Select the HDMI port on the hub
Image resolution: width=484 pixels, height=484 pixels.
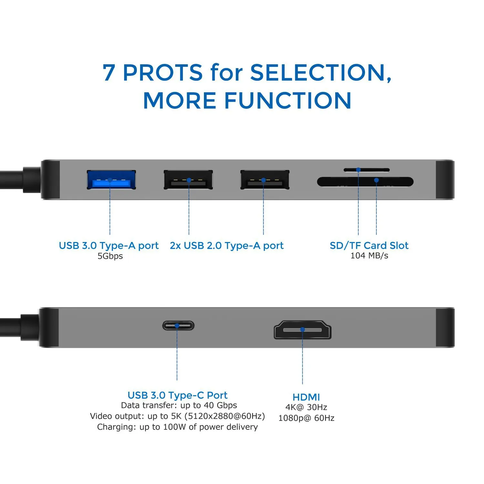point(302,330)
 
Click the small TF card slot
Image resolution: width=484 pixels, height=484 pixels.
point(366,170)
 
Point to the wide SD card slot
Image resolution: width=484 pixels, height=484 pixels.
point(365,182)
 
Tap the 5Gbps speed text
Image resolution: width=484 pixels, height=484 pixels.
point(110,256)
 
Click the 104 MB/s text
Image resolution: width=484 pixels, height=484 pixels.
point(369,256)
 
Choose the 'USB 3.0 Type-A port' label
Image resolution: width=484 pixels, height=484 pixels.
point(108,246)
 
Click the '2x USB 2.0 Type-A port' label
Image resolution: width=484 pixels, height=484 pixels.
point(227,246)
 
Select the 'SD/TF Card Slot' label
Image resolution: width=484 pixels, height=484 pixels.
point(369,246)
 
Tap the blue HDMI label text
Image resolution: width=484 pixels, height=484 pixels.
point(306,397)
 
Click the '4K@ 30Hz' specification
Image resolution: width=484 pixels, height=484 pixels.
point(306,407)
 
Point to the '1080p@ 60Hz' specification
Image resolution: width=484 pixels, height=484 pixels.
point(306,418)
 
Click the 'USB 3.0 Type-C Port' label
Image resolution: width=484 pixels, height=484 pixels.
point(177,395)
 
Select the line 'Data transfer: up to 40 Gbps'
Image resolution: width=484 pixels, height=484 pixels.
point(179,405)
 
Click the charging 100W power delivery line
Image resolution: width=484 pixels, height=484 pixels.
point(177,427)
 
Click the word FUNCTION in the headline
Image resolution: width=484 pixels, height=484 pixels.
point(287,100)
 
